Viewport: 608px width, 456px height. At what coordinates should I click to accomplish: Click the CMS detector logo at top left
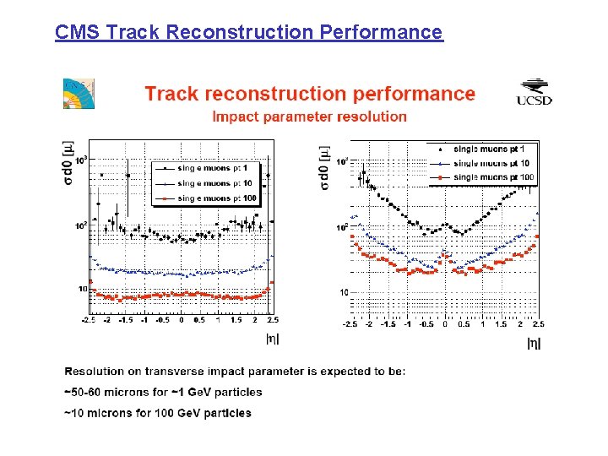79,93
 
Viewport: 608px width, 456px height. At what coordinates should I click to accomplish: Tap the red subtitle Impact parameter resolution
309,117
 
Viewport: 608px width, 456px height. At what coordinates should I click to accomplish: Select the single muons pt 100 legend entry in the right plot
486,177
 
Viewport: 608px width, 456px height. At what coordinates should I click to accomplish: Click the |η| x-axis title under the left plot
273,339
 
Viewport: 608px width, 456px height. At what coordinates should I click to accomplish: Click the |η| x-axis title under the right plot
534,343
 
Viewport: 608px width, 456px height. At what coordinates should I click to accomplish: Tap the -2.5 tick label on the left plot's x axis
89,320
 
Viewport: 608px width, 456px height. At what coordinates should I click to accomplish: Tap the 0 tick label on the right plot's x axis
445,324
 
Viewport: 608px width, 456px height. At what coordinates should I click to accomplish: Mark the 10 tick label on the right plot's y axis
344,292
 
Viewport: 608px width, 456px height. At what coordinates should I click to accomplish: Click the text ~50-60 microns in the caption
98,392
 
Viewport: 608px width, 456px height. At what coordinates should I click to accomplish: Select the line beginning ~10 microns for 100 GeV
158,413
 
